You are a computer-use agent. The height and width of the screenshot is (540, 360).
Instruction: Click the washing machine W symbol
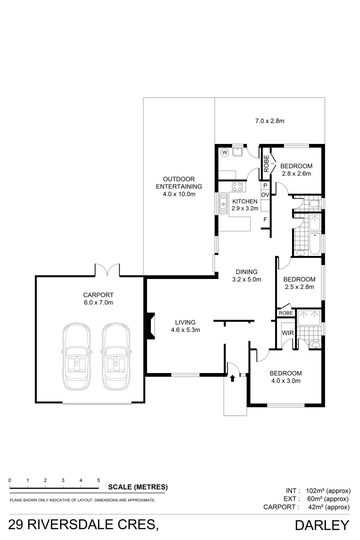point(225,152)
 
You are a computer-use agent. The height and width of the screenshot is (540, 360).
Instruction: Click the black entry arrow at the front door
point(232,378)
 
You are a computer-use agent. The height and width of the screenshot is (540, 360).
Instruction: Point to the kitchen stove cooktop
point(237,186)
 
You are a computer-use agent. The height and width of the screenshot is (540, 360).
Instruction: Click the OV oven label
point(265,195)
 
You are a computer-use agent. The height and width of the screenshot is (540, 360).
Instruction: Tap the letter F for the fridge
point(265,219)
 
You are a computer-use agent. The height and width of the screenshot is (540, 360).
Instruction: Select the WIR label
point(287,333)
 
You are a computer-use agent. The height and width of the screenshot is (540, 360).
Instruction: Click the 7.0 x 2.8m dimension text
point(269,121)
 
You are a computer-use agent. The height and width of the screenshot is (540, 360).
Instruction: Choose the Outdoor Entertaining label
point(179,186)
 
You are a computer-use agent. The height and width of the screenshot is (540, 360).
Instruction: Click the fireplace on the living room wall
point(150,326)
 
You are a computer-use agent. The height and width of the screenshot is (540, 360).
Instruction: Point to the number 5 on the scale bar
point(98,480)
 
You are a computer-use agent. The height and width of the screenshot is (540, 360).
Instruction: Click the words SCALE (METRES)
point(138,487)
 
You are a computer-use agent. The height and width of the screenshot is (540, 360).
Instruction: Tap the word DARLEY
point(322,525)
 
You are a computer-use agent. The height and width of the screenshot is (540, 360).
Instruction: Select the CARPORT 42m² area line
point(306,507)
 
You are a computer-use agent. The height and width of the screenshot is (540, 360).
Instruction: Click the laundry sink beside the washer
point(238,151)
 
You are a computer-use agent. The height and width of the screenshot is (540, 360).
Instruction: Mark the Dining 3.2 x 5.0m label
point(246,275)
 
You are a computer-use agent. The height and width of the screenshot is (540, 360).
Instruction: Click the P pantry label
point(265,185)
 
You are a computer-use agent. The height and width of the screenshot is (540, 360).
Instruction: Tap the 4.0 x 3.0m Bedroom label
point(285,377)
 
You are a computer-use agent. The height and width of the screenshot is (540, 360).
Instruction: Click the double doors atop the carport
point(107,269)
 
